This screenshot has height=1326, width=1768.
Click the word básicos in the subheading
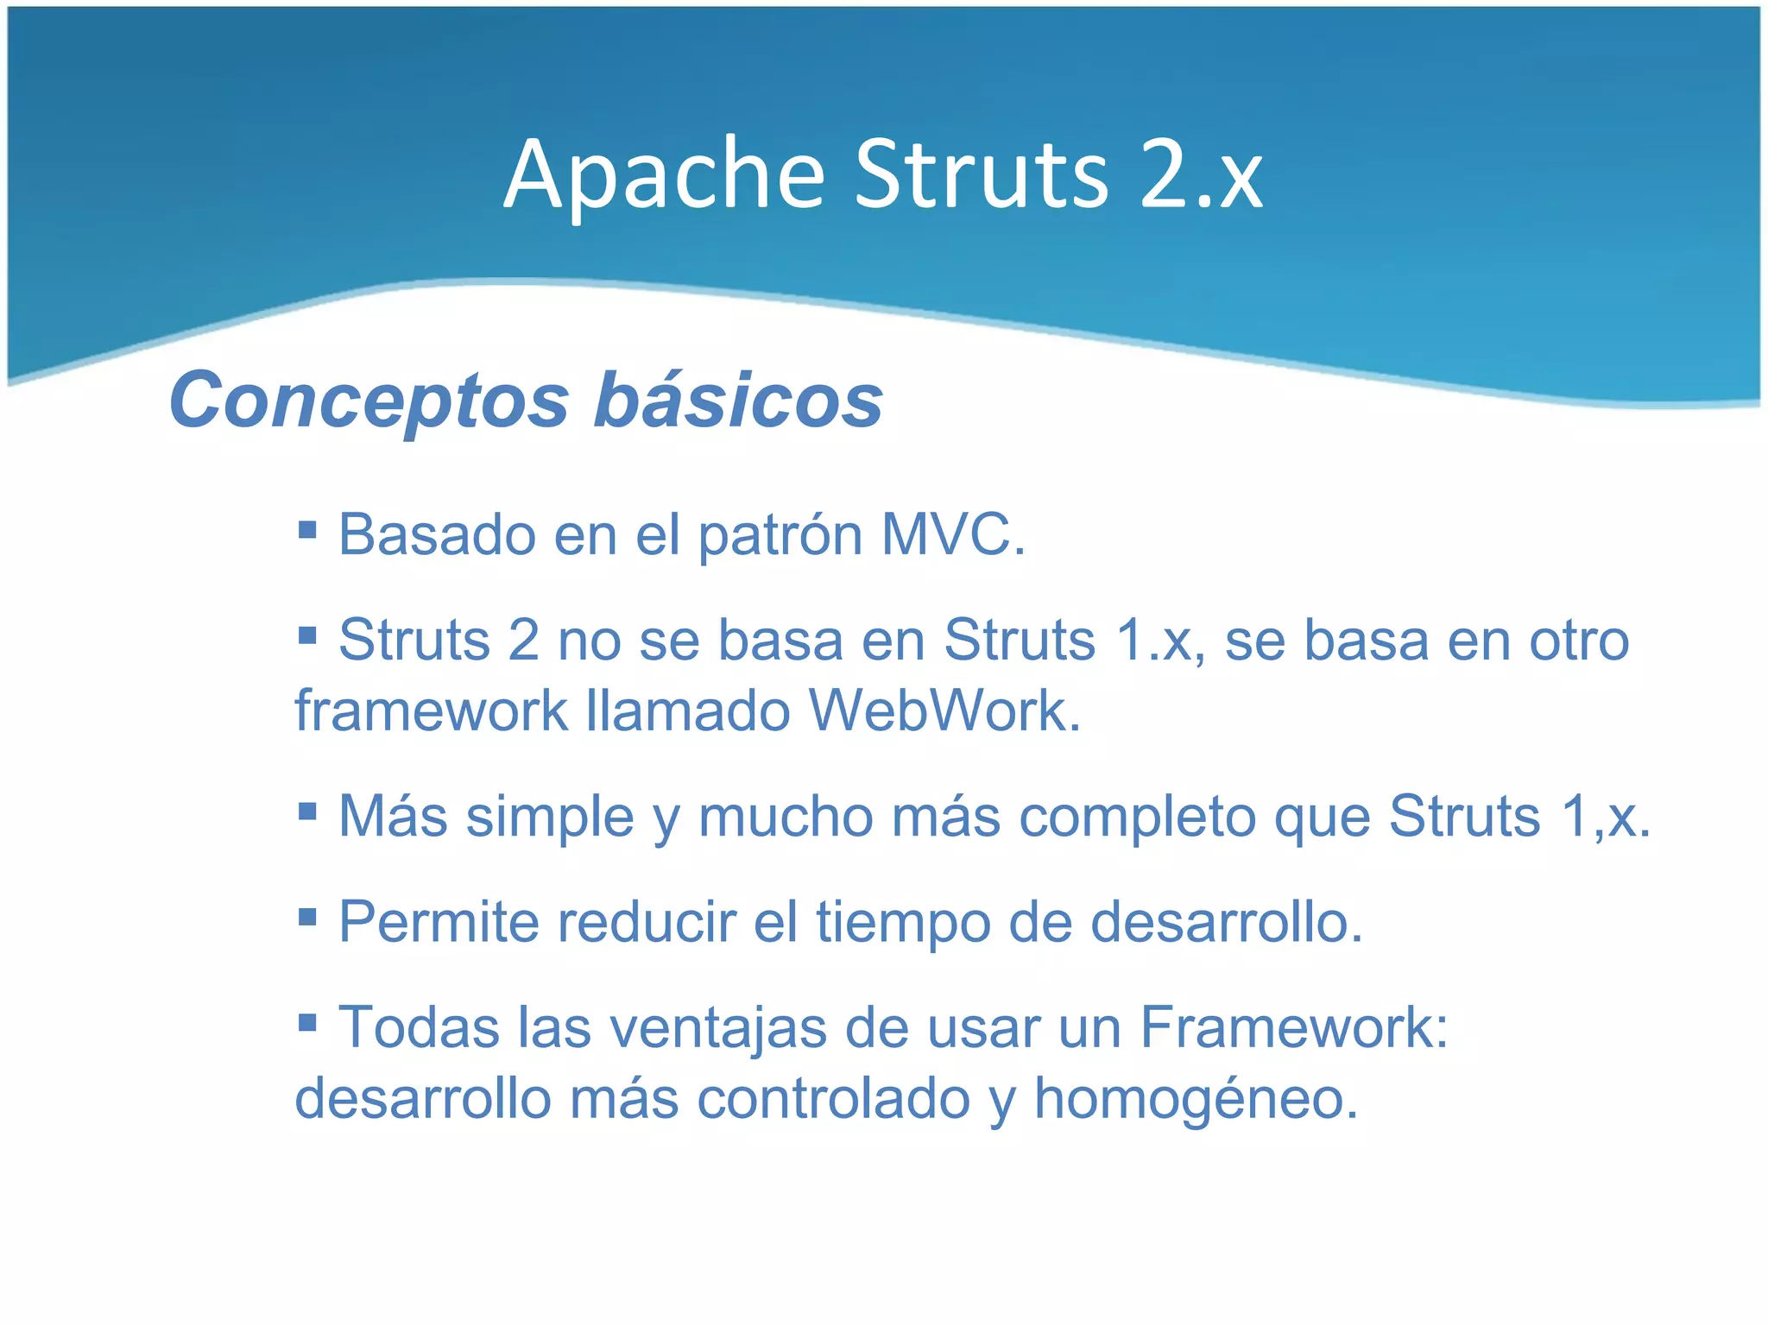738,401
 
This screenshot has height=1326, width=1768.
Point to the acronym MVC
952,534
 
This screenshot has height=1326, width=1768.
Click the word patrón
780,536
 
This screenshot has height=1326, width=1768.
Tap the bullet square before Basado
307,528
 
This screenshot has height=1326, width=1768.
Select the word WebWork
944,710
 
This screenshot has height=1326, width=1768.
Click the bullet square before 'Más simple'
307,811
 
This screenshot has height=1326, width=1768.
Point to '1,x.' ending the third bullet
1605,816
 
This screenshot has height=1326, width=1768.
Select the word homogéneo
1196,1099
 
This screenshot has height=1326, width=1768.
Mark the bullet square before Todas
307,1023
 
